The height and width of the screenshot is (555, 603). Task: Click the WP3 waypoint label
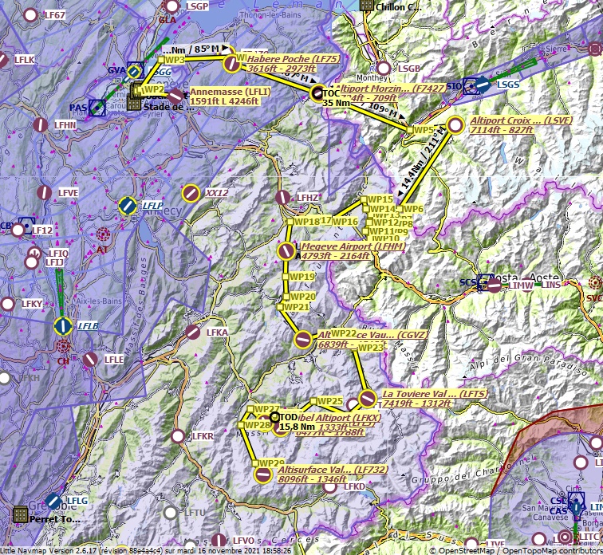[175, 60]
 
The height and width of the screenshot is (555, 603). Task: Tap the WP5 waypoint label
[423, 130]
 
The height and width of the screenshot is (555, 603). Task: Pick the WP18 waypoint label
[306, 222]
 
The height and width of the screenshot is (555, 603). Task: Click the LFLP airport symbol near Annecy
[128, 206]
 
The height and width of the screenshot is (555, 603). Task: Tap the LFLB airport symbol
[62, 325]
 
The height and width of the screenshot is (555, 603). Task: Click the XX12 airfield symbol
[191, 192]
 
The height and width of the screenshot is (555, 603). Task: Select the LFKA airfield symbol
[193, 332]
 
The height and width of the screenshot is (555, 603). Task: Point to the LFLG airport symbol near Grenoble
[53, 500]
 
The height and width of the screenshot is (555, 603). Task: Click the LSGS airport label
[508, 84]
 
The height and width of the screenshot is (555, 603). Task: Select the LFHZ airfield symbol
[282, 197]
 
